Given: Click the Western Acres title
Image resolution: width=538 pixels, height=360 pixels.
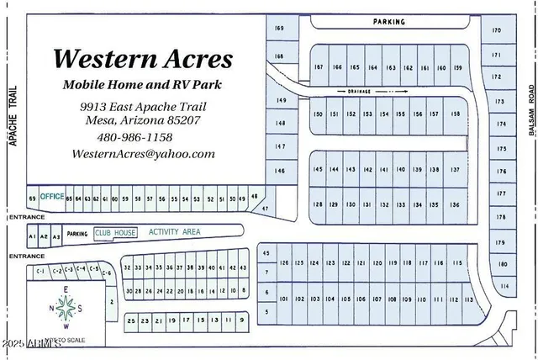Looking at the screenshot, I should [x=143, y=60].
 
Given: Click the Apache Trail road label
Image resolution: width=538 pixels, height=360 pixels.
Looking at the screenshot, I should [x=13, y=120].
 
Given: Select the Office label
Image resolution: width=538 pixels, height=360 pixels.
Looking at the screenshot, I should [x=52, y=196].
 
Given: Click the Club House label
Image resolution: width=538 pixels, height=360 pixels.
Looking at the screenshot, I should [x=114, y=232].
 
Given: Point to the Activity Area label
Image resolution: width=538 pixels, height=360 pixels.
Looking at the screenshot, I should [x=174, y=231].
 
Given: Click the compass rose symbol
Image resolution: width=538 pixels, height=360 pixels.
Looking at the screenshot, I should [x=66, y=308].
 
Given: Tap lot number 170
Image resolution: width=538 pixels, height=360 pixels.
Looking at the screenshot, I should [x=497, y=31].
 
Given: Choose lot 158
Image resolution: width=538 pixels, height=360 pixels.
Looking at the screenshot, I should [x=456, y=114].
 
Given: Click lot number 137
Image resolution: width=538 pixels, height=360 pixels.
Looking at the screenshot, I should [x=456, y=170].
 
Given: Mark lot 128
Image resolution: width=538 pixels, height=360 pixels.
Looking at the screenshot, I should [x=318, y=204].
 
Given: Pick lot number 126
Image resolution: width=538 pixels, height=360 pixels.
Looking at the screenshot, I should [x=285, y=263].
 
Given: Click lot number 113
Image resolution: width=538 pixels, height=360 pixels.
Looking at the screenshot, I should [x=469, y=299].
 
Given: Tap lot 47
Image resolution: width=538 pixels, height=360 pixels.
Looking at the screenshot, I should [x=265, y=208].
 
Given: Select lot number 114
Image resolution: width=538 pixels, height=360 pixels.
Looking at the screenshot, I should [x=504, y=286].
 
